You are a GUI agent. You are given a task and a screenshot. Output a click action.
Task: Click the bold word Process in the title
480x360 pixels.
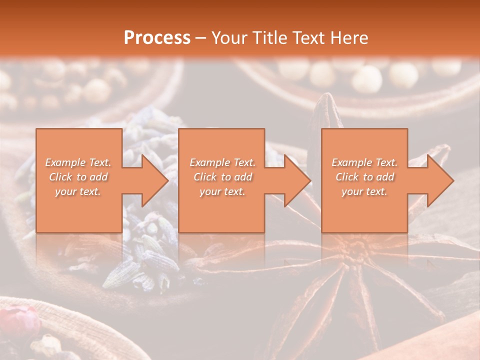[157, 38]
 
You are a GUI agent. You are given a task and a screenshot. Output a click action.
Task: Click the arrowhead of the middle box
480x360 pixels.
[296, 180]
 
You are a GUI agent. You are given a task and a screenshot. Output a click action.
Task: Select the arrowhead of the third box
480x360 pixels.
[439, 180]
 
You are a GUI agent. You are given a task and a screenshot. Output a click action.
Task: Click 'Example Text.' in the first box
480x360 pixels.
[78, 162]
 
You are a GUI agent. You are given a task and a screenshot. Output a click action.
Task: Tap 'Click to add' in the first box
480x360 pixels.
[78, 177]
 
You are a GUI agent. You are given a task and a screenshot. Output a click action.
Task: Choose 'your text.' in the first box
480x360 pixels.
[78, 191]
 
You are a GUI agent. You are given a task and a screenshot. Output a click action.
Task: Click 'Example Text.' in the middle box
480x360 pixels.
[222, 162]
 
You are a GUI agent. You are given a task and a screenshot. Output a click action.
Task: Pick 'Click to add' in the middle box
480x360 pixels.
[222, 177]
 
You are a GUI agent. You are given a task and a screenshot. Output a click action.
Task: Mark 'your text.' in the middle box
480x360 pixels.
[222, 191]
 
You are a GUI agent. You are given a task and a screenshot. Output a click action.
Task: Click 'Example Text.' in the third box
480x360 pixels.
[364, 162]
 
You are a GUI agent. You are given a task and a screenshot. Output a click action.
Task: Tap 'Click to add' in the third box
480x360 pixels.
[364, 177]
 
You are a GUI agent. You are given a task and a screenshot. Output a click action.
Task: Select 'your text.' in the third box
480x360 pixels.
[364, 191]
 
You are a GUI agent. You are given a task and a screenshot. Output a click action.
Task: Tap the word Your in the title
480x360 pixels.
[228, 38]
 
